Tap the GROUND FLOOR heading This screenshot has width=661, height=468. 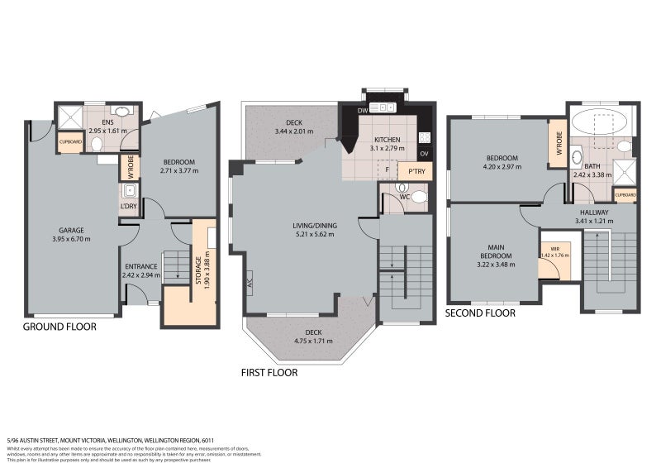tap(59, 327)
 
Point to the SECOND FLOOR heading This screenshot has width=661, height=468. tap(480, 313)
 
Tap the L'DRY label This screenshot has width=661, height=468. tap(129, 205)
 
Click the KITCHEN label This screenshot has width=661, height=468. tap(387, 140)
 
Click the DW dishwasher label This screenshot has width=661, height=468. tap(362, 110)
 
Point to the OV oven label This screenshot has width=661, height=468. tap(424, 155)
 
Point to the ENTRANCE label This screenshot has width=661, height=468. tap(140, 266)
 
